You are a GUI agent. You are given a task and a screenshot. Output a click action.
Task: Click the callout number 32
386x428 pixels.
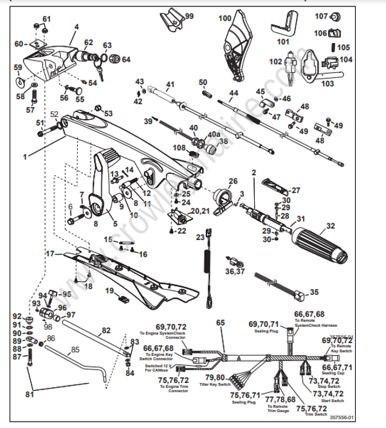[331, 226]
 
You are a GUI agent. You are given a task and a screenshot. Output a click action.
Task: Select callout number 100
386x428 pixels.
[224, 18]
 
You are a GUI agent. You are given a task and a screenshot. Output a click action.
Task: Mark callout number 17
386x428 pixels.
[50, 254]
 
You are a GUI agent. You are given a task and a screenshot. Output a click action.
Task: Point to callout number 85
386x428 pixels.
[75, 350]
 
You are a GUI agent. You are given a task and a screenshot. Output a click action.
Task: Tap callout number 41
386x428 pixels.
[170, 85]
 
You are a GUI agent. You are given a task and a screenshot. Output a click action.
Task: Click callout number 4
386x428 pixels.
[76, 27]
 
